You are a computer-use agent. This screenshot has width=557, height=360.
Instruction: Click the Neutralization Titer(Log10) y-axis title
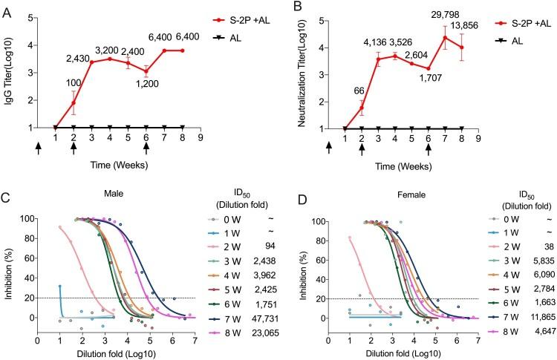[299, 71]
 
